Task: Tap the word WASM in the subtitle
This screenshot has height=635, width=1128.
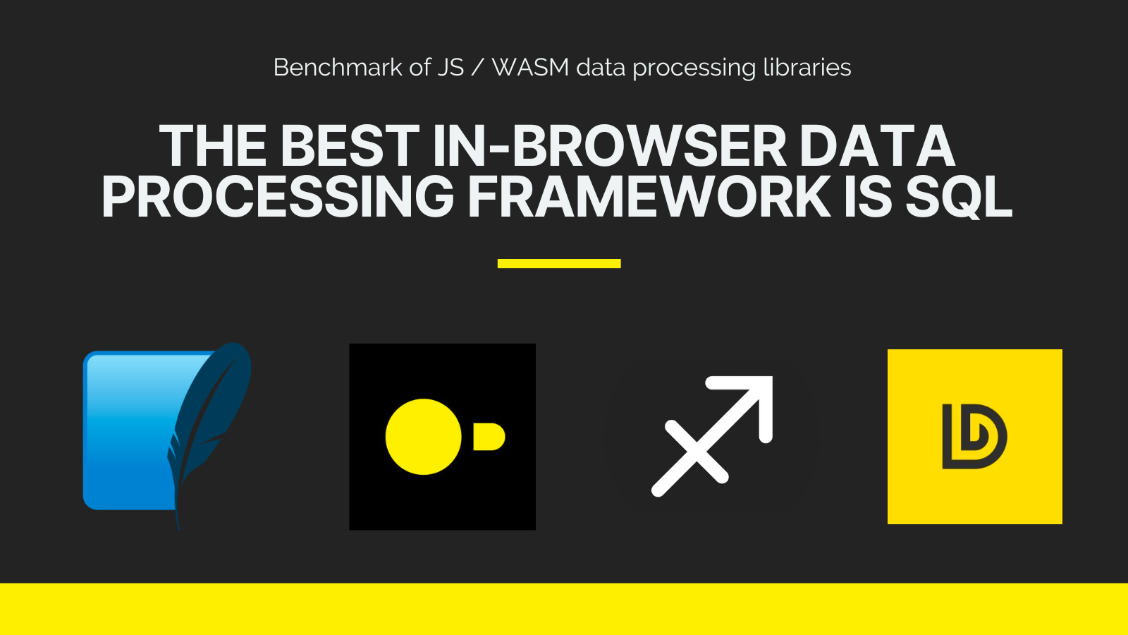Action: (530, 68)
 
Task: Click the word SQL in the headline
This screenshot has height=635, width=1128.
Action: (958, 198)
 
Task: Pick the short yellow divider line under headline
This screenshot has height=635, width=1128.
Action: (559, 263)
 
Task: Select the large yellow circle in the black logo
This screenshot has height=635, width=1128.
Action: (424, 437)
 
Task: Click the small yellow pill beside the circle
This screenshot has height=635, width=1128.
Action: (489, 437)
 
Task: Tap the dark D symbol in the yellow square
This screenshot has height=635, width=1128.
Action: (974, 437)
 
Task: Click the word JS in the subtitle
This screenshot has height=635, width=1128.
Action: (450, 68)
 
